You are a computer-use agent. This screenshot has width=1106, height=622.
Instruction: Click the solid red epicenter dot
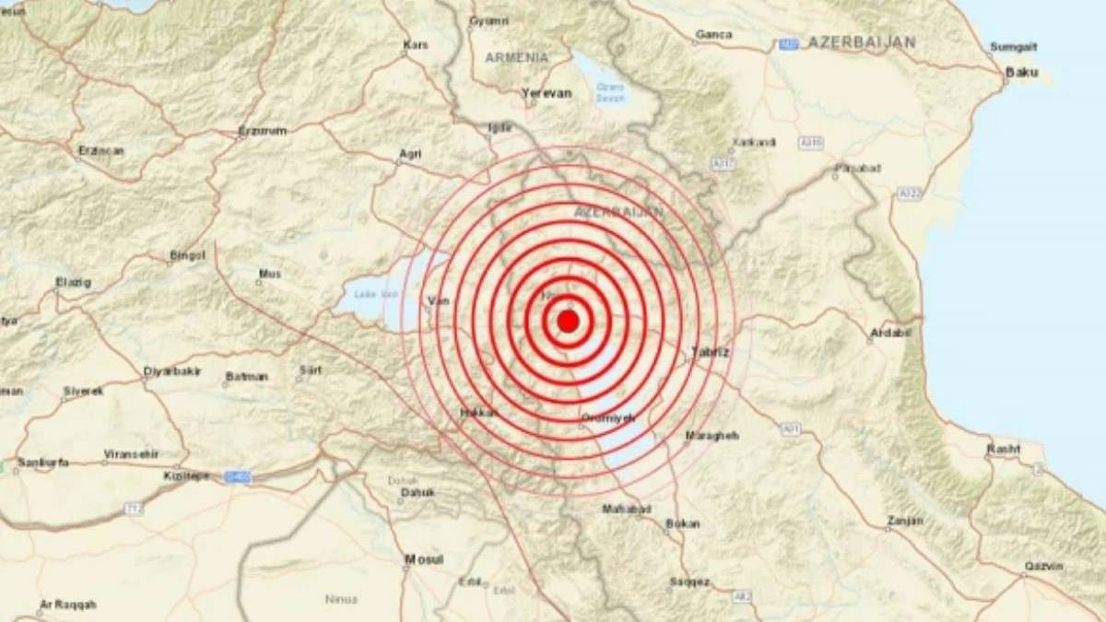(569, 321)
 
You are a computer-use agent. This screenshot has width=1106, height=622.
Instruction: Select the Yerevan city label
(547, 93)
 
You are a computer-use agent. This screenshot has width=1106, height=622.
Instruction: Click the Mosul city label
(424, 559)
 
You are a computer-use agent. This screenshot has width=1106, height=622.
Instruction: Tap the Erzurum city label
(263, 131)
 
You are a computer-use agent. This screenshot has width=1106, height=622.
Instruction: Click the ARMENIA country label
(516, 57)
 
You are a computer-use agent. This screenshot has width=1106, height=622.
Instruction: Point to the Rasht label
(1004, 449)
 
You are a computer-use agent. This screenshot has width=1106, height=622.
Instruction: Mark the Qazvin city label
(1042, 566)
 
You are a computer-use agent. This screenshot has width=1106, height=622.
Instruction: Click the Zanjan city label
(903, 521)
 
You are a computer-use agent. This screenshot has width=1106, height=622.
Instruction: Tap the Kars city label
(417, 44)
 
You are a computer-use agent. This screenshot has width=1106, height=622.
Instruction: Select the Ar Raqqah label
(67, 604)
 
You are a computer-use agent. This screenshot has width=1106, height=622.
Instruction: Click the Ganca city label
(713, 35)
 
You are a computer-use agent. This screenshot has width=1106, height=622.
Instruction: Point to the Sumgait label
(1014, 46)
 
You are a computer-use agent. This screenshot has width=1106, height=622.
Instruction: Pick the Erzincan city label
(101, 150)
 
